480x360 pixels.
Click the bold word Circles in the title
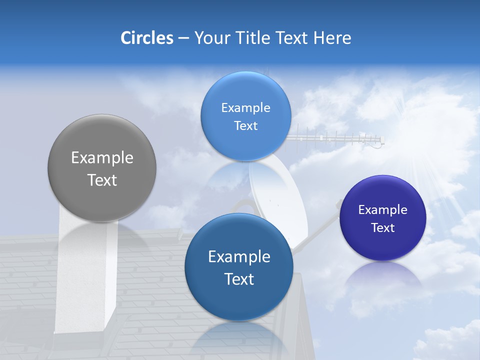pos(146,38)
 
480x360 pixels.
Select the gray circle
pos(102,168)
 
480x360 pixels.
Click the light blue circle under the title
pos(245,116)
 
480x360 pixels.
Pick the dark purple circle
pos(383,218)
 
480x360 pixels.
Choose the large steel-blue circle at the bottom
pos(239,267)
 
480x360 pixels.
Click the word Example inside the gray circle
pos(102,158)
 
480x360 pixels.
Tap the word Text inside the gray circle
pos(102,180)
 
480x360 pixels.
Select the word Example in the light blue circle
pos(245,108)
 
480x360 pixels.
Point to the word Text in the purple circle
pos(383,228)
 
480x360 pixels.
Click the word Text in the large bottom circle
pos(239,279)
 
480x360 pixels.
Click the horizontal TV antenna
pos(340,138)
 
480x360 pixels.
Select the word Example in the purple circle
pos(383,210)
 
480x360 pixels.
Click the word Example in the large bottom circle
pos(239,257)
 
